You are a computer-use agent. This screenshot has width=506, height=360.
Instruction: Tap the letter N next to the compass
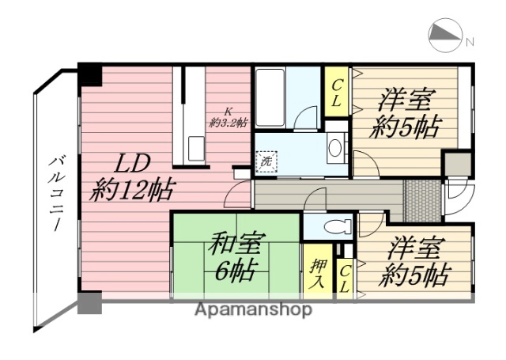[470, 41]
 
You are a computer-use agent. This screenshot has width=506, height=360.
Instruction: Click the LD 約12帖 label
[131, 179]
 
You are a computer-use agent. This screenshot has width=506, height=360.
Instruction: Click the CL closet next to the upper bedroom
[337, 93]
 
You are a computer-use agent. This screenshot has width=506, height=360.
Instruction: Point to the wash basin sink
[335, 147]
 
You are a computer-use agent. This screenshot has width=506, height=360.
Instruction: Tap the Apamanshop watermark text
[253, 309]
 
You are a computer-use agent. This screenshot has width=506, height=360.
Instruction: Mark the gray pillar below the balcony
[89, 304]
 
